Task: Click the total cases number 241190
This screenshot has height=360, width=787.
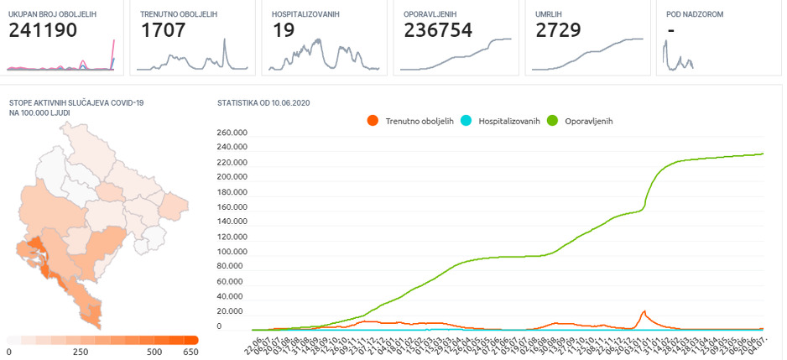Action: [43, 31]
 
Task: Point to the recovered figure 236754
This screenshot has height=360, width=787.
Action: [438, 31]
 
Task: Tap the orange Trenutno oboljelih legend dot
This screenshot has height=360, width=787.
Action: [373, 121]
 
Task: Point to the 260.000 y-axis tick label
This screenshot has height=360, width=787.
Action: [232, 133]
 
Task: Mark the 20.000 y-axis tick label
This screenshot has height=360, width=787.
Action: [235, 311]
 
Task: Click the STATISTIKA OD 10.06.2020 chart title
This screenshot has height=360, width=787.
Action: [263, 102]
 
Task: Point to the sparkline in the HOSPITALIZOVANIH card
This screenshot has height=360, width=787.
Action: [321, 55]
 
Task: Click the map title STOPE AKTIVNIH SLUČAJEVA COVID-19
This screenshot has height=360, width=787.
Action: [76, 102]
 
